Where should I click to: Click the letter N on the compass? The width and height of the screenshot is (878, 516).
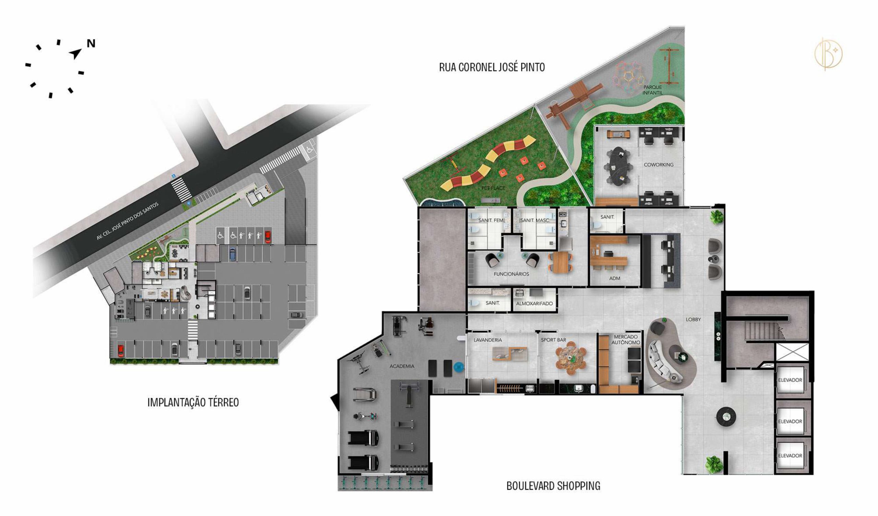pyautogui.click(x=91, y=44)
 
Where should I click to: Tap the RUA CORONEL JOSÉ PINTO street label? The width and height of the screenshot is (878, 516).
pyautogui.click(x=491, y=67)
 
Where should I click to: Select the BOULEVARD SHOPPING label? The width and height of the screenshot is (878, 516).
pyautogui.click(x=553, y=486)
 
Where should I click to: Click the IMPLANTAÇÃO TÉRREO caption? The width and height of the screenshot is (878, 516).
pyautogui.click(x=193, y=402)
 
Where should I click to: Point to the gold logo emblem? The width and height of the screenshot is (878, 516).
pyautogui.click(x=828, y=54)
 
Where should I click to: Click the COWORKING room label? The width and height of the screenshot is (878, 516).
pyautogui.click(x=658, y=165)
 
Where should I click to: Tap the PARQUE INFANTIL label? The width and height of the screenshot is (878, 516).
pyautogui.click(x=653, y=90)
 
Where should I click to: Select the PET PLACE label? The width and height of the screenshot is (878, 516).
pyautogui.click(x=493, y=188)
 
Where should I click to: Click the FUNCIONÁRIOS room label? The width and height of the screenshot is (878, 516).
pyautogui.click(x=511, y=274)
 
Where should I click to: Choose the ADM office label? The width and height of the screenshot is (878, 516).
pyautogui.click(x=615, y=278)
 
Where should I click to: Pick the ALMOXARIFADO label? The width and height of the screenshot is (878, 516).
pyautogui.click(x=534, y=304)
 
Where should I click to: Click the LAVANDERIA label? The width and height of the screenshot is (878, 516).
pyautogui.click(x=488, y=340)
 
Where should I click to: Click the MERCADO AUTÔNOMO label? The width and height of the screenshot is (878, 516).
pyautogui.click(x=626, y=340)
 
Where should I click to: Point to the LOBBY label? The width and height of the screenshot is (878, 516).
pyautogui.click(x=693, y=319)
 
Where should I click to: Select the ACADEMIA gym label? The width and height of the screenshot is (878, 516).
pyautogui.click(x=402, y=366)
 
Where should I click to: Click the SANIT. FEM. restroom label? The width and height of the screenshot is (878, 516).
pyautogui.click(x=491, y=220)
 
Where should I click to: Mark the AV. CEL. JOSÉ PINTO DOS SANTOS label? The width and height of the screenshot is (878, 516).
pyautogui.click(x=128, y=221)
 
